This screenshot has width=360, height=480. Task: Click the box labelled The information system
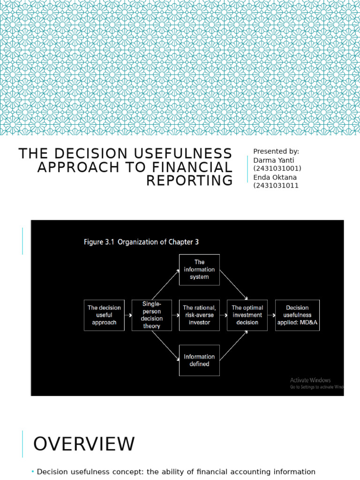click(199, 270)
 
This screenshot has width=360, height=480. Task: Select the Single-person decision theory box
click(152, 315)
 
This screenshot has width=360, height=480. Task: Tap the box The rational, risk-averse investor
click(199, 315)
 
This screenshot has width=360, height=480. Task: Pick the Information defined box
click(199, 360)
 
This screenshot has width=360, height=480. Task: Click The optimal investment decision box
click(247, 315)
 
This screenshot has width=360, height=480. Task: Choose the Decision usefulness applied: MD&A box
click(297, 315)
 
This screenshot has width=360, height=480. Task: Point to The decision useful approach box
click(104, 315)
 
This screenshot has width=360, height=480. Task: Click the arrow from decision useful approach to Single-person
click(128, 315)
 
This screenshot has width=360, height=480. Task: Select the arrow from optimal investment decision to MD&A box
click(271, 315)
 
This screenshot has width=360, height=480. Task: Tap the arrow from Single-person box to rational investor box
click(175, 315)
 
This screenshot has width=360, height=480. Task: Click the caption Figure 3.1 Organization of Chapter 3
click(141, 242)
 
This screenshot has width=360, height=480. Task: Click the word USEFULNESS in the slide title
click(181, 154)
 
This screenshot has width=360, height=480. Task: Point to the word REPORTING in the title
click(189, 180)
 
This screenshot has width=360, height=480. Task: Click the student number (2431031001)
click(277, 168)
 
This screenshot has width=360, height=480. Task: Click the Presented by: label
click(276, 151)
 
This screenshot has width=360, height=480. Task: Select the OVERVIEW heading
click(84, 444)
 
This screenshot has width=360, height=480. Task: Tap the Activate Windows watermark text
click(310, 380)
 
